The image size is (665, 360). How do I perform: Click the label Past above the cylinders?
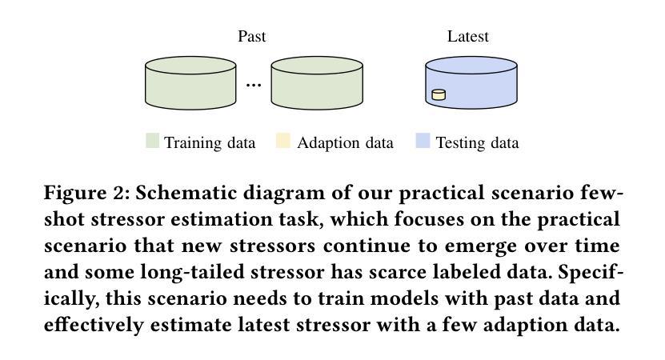(x=251, y=37)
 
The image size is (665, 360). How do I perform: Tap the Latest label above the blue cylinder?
(x=468, y=37)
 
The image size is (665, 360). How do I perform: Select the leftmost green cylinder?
(x=190, y=83)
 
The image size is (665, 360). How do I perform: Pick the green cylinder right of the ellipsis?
(x=317, y=83)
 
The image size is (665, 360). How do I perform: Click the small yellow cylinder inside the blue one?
(x=439, y=94)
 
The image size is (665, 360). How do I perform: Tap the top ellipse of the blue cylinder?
(x=471, y=66)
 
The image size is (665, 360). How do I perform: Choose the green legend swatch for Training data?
(x=152, y=140)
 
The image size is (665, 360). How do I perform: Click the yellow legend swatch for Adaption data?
(x=282, y=140)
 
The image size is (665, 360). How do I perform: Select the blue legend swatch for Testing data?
(x=423, y=140)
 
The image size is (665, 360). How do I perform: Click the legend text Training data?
(x=210, y=143)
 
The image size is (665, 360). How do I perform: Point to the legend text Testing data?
(x=477, y=143)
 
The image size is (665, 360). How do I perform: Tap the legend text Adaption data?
(x=345, y=143)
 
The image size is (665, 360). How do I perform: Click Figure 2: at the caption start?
(x=87, y=194)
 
